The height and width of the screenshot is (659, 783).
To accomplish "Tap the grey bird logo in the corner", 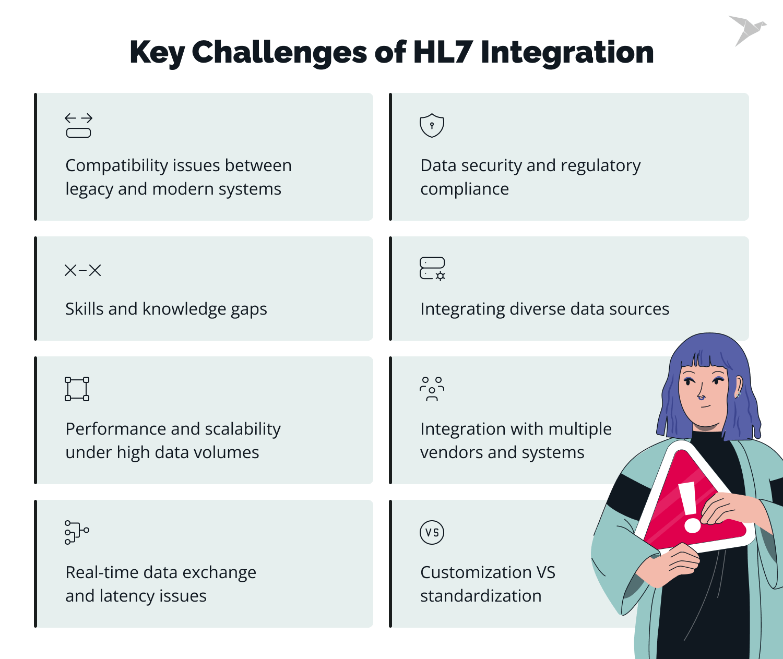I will [747, 30].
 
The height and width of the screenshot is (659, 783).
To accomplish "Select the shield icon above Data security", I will [432, 125].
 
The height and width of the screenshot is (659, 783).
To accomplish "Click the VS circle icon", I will [432, 532].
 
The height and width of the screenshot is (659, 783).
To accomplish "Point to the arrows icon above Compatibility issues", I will [78, 125].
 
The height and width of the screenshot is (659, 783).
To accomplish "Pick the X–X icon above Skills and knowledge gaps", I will [82, 270].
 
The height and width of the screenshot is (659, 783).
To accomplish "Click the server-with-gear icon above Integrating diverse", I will [432, 269].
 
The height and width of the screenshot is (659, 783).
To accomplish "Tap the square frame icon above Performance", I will [77, 389].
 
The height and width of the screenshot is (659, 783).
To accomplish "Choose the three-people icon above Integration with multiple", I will [432, 389].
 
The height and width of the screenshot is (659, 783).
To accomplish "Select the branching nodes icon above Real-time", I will [77, 532].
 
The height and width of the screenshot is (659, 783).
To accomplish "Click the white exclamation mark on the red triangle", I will [689, 507].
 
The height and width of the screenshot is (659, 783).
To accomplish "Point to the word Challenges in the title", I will [280, 53].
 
